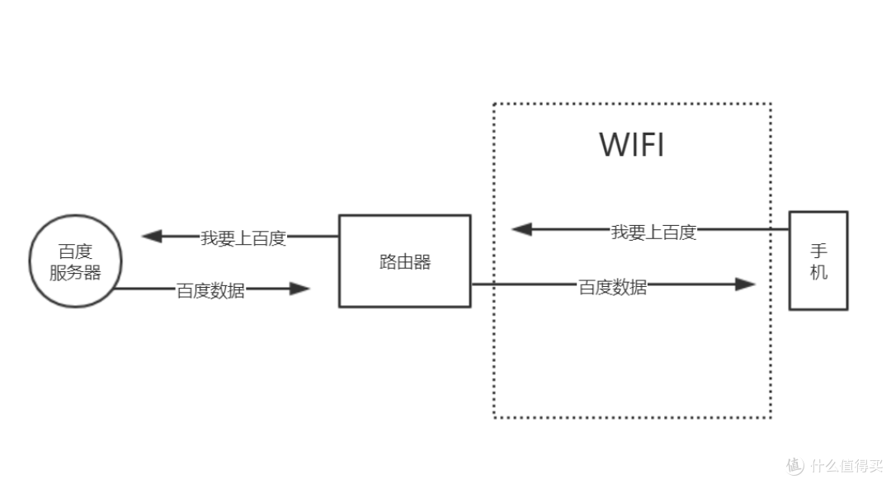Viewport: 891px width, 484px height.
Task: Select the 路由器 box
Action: [x=404, y=261]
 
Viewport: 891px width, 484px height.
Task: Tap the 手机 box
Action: [x=818, y=261]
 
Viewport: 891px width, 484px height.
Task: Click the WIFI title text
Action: [x=631, y=145]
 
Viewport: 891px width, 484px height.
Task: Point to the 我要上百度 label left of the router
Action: [x=243, y=238]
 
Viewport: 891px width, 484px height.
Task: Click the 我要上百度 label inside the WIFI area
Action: [x=653, y=232]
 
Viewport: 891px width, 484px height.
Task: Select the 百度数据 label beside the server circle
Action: [x=210, y=290]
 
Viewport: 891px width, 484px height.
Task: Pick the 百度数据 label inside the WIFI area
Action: [x=612, y=287]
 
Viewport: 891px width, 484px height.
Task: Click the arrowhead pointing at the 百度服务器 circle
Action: [x=152, y=237]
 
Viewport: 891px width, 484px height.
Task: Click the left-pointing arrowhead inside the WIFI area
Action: [x=522, y=229]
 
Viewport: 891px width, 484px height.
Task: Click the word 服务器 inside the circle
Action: [x=75, y=273]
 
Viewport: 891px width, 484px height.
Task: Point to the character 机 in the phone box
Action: [x=818, y=272]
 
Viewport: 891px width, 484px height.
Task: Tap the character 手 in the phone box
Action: [x=818, y=251]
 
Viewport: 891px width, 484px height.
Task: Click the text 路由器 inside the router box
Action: [x=404, y=262]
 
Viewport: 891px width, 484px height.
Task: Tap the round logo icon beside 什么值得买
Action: [x=794, y=464]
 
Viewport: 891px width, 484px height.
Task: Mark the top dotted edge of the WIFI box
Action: [x=631, y=104]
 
